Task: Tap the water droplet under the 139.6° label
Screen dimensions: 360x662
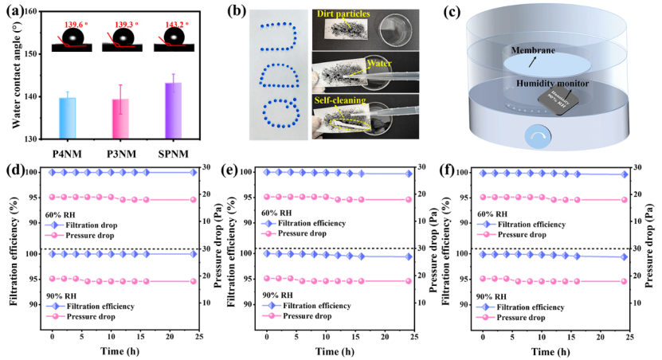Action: click(x=72, y=37)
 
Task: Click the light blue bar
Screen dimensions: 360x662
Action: click(x=68, y=117)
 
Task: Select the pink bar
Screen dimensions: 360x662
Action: click(x=120, y=117)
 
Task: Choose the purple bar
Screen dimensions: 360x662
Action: click(x=173, y=110)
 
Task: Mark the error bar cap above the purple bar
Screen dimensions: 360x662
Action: click(x=173, y=74)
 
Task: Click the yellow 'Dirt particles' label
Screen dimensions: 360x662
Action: click(x=343, y=14)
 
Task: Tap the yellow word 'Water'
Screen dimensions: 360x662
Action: click(x=378, y=62)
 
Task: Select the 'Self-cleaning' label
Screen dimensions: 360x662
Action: click(x=339, y=100)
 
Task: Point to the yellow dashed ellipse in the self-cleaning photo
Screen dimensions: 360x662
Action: click(x=345, y=116)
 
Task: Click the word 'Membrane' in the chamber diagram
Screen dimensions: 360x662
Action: click(x=533, y=49)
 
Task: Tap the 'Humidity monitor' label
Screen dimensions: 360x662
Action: click(x=552, y=83)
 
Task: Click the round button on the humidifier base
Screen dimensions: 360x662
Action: click(x=537, y=137)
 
